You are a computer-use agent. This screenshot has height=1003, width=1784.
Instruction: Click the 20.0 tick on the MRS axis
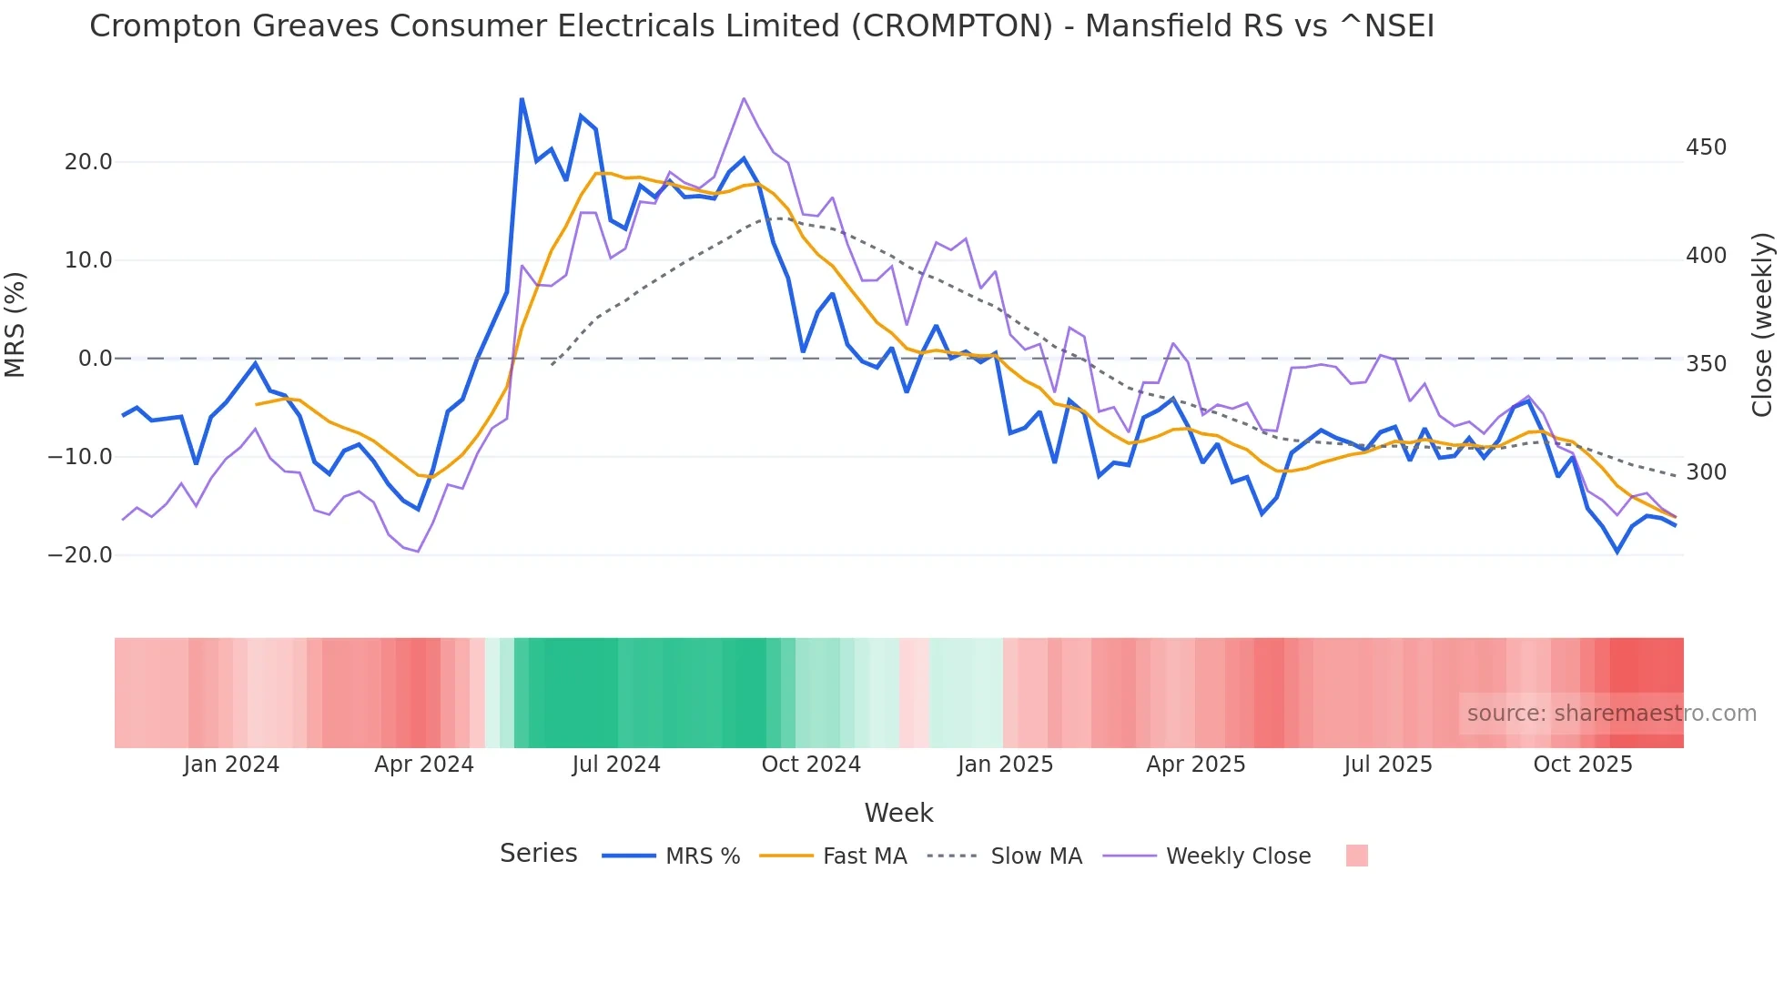coord(87,162)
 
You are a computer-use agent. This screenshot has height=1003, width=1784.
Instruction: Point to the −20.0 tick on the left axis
coord(80,555)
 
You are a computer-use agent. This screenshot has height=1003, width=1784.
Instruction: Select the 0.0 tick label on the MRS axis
coord(95,359)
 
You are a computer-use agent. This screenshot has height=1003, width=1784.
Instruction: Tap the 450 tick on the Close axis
coord(1706,147)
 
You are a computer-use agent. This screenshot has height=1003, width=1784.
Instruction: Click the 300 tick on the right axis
coord(1706,472)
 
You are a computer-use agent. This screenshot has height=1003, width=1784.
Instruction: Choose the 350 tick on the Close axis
coord(1706,364)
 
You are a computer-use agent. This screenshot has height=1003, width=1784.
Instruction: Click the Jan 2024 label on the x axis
coord(231,765)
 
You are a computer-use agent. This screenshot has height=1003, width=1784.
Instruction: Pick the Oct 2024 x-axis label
coord(811,765)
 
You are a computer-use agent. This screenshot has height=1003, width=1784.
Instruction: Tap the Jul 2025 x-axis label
coord(1388,765)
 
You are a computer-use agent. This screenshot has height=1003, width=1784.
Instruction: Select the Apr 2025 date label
coord(1195,765)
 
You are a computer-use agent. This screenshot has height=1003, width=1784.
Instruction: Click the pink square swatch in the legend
coord(1356,856)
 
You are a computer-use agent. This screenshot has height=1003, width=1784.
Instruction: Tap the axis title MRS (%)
coord(15,325)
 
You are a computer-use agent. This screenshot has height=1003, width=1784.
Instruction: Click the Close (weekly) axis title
coord(1762,325)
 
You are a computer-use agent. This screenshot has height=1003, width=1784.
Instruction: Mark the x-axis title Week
coord(898,813)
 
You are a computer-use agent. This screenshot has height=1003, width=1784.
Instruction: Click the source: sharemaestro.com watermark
coord(1611,714)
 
